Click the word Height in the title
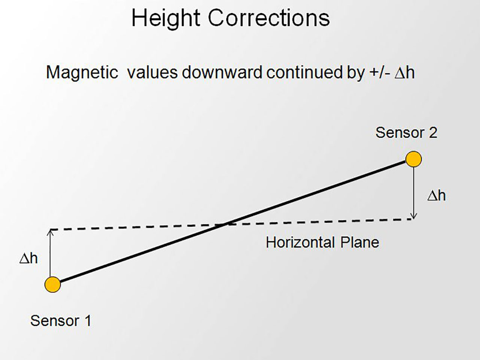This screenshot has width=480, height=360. pyautogui.click(x=166, y=19)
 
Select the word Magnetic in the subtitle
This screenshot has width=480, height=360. pyautogui.click(x=82, y=73)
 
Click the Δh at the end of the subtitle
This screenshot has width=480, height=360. pyautogui.click(x=405, y=73)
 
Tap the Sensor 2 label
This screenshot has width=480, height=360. pyautogui.click(x=406, y=133)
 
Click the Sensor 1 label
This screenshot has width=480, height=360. pyautogui.click(x=61, y=321)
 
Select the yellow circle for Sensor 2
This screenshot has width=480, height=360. pyautogui.click(x=413, y=159)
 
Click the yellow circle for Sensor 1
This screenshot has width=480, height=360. pyautogui.click(x=52, y=284)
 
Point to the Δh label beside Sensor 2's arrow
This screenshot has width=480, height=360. pyautogui.click(x=437, y=196)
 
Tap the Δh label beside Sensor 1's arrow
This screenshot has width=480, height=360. pyautogui.click(x=28, y=259)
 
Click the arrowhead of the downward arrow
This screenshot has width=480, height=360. pyautogui.click(x=414, y=216)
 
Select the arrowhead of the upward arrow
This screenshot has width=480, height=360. pyautogui.click(x=50, y=232)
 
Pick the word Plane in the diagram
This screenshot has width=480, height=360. pyautogui.click(x=359, y=242)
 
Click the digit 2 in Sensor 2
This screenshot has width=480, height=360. pyautogui.click(x=433, y=133)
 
